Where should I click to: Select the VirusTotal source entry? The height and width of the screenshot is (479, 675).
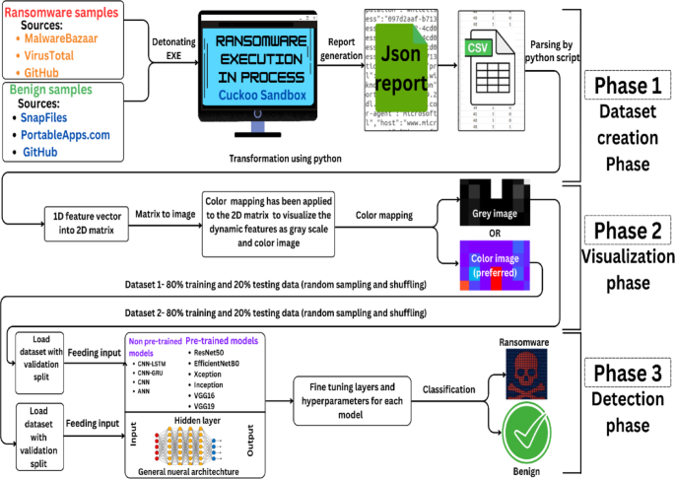60,55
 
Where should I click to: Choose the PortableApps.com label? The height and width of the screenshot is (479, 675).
71,134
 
